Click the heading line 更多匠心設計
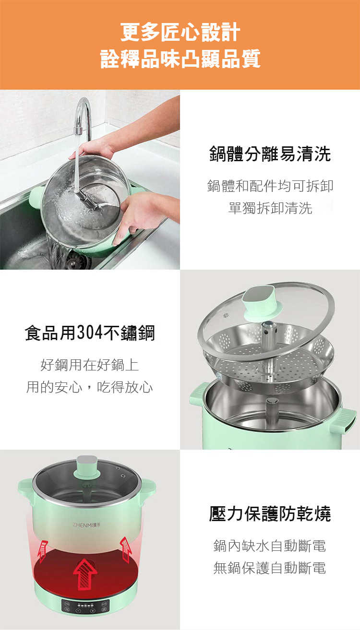(180, 32)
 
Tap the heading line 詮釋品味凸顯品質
(180, 59)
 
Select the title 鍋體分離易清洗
(270, 154)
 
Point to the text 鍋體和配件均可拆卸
(270, 186)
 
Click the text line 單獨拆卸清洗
(270, 208)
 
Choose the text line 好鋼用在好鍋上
(90, 365)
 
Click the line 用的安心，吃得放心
(90, 387)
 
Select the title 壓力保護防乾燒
(270, 513)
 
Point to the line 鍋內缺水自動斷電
(270, 546)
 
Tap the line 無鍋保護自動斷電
(270, 568)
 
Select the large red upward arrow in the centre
(85, 574)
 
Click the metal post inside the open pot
(272, 411)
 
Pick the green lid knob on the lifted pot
(87, 467)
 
